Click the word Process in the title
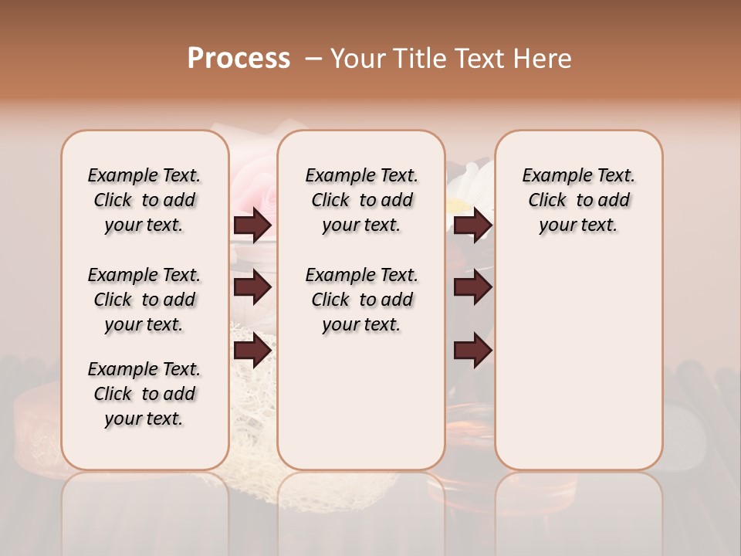(x=239, y=59)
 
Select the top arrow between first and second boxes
(x=252, y=225)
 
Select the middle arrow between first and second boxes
(x=252, y=287)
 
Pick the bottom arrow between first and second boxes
(x=252, y=351)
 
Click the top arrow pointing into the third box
(x=472, y=225)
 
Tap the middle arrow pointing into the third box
(x=472, y=287)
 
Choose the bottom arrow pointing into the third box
(x=472, y=351)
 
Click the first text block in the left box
(x=144, y=200)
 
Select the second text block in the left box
(x=144, y=300)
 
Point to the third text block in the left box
(x=144, y=394)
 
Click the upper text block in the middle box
(x=361, y=200)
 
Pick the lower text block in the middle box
(x=361, y=300)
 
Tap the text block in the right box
(x=578, y=200)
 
